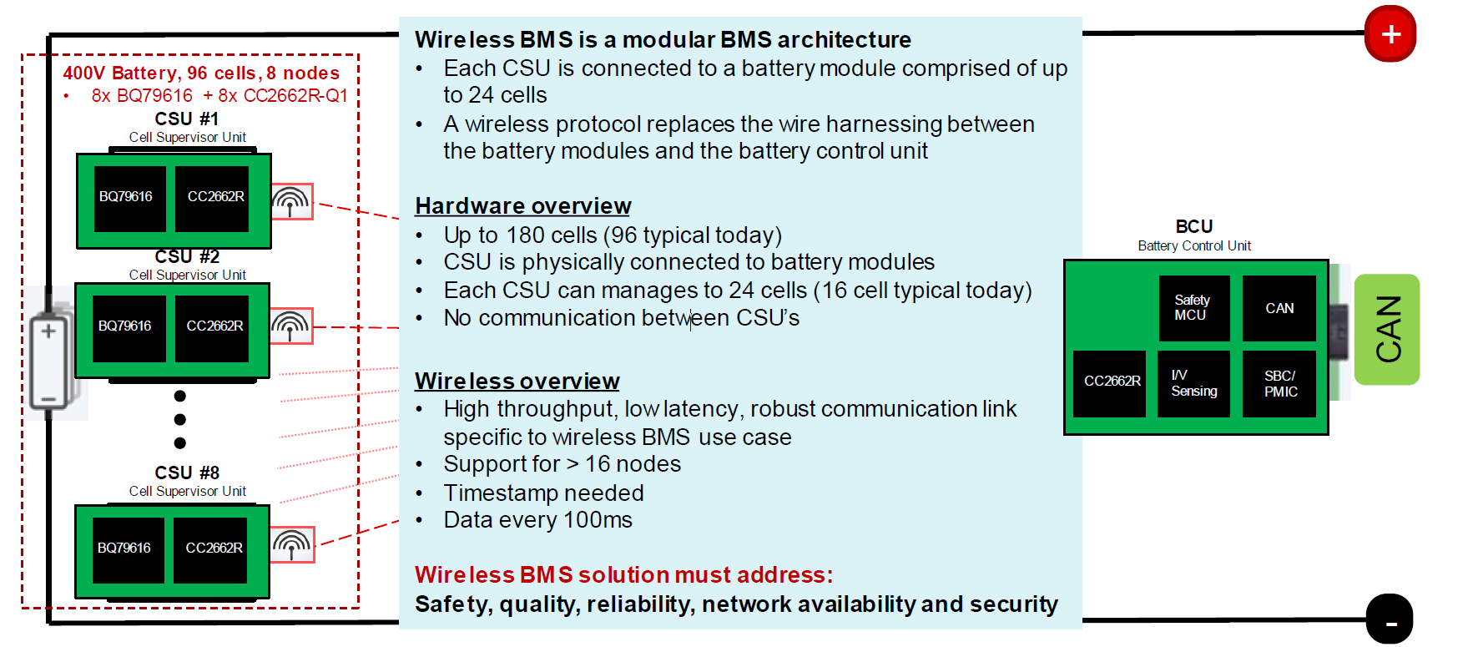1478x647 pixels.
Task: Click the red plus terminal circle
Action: [1390, 34]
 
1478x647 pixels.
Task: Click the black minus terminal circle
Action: [1390, 619]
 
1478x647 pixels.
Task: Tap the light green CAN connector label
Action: [1387, 329]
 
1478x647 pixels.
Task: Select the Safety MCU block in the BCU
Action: [1193, 307]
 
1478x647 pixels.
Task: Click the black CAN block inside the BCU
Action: [1279, 307]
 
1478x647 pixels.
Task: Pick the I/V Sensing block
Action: [1193, 383]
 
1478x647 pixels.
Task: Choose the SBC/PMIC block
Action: [1279, 383]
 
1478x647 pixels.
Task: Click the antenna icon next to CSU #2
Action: [291, 326]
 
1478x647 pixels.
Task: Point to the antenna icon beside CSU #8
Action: [293, 544]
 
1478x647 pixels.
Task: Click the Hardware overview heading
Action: [522, 205]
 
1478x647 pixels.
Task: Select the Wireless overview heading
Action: [517, 381]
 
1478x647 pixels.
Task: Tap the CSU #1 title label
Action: [187, 119]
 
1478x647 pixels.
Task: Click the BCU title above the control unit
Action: [1193, 226]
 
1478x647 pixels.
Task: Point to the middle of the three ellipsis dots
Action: [180, 419]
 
